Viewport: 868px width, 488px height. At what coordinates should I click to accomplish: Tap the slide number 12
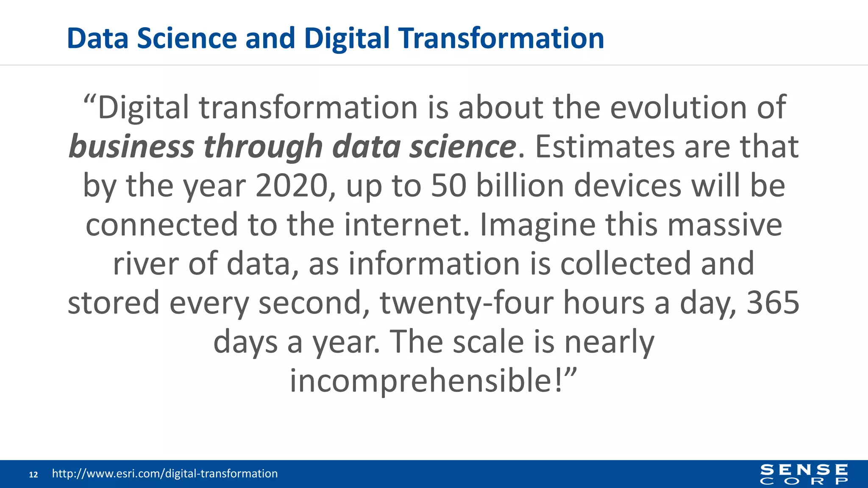pyautogui.click(x=33, y=474)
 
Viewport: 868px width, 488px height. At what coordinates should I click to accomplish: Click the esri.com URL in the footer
pyautogui.click(x=164, y=474)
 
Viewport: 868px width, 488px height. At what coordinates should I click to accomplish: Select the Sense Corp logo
pyautogui.click(x=804, y=474)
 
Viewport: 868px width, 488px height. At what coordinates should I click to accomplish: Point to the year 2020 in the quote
pyautogui.click(x=292, y=186)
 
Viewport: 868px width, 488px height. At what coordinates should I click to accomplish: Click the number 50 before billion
pyautogui.click(x=448, y=186)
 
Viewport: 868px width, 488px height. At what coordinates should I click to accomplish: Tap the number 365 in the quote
pyautogui.click(x=773, y=303)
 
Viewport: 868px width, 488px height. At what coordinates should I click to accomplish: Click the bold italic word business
pyautogui.click(x=131, y=147)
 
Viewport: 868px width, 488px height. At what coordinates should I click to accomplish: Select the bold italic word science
pyautogui.click(x=462, y=147)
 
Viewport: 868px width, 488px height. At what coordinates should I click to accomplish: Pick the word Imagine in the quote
pyautogui.click(x=537, y=225)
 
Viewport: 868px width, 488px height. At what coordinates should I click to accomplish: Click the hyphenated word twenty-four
pyautogui.click(x=467, y=303)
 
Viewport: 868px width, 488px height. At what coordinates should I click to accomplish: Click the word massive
pyautogui.click(x=725, y=225)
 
